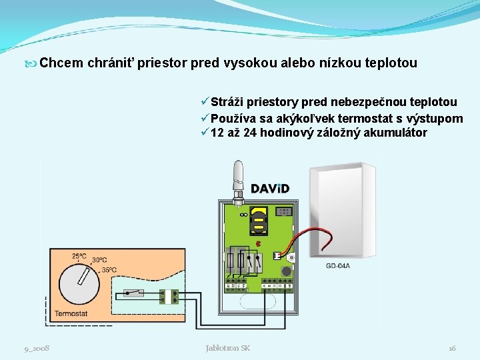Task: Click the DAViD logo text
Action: (269, 188)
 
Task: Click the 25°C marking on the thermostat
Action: (79, 256)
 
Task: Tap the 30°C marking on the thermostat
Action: (99, 261)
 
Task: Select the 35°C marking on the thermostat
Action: (109, 270)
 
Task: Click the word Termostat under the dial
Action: (71, 313)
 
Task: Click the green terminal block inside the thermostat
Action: (175, 296)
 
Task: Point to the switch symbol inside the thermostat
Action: (136, 293)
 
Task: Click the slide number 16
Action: (452, 348)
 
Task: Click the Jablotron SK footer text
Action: (227, 348)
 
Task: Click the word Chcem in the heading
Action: (61, 63)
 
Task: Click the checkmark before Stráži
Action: (204, 102)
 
